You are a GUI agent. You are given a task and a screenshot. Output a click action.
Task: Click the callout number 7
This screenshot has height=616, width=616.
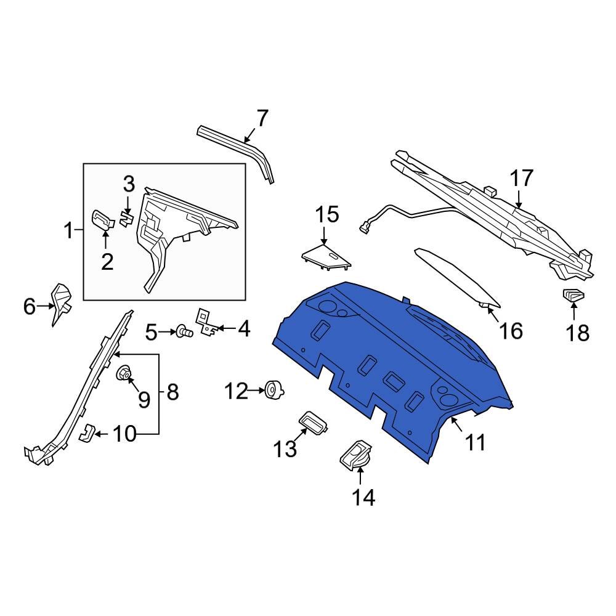[262, 118]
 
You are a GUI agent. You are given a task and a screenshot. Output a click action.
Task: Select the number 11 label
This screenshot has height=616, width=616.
[475, 442]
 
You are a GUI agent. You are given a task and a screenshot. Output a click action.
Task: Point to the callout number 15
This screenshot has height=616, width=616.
[327, 215]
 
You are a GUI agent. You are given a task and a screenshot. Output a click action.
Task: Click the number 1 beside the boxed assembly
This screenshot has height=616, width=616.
[70, 232]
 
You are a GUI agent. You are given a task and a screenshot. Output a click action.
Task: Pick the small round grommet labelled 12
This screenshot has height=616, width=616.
[272, 390]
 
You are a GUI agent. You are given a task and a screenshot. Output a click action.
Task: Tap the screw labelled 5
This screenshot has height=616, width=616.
[183, 333]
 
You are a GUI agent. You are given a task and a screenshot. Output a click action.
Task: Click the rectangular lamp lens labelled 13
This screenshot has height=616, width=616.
[314, 423]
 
